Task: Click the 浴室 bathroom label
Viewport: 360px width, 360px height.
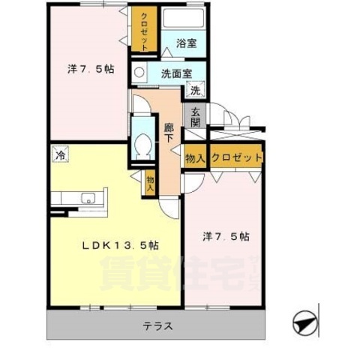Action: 187,43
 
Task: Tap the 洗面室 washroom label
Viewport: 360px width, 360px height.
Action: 175,73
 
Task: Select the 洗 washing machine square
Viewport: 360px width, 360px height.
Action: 194,91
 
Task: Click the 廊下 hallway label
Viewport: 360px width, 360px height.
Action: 169,133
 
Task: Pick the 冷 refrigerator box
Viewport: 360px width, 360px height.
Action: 59,156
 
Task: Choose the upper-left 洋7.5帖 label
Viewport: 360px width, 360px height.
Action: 91,69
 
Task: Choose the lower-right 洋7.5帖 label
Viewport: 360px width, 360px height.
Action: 226,236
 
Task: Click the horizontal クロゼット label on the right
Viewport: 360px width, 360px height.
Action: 237,157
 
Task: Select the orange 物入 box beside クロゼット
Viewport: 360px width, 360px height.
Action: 196,157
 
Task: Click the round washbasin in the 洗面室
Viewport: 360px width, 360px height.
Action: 138,73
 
